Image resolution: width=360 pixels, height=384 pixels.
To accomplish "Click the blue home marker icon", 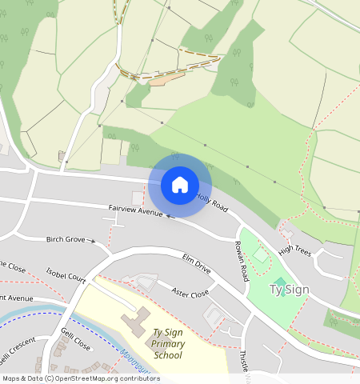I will (x=180, y=185).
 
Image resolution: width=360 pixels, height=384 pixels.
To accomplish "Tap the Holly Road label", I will (x=212, y=202).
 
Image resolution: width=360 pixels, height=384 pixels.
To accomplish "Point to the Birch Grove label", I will (x=66, y=239).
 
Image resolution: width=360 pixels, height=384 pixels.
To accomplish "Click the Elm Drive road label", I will (x=196, y=265).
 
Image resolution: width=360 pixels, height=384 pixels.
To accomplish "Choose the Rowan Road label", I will (x=241, y=262).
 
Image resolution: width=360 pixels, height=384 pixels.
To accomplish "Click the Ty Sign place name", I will (x=289, y=289).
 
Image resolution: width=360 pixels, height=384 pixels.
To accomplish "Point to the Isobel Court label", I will (x=66, y=277).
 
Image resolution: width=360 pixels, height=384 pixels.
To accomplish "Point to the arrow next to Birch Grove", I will (x=94, y=241).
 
